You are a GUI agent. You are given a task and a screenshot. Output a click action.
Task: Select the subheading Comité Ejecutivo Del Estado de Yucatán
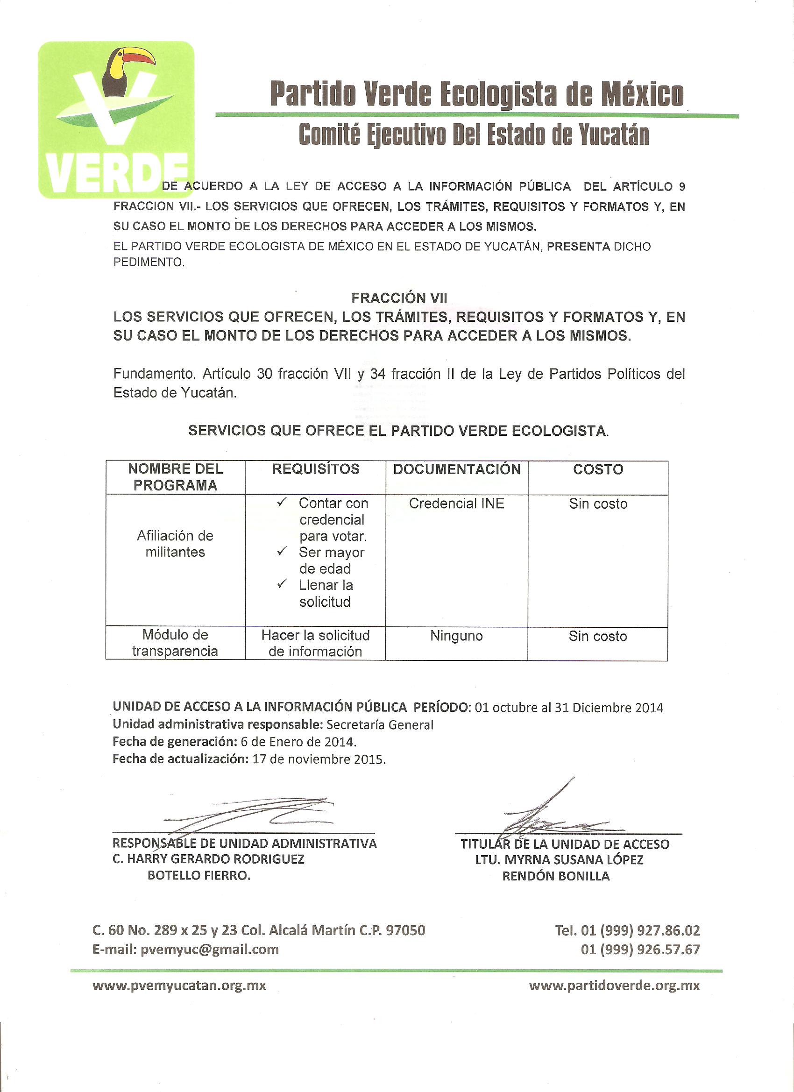click(474, 135)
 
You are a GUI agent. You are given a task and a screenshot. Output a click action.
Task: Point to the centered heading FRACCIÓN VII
click(399, 298)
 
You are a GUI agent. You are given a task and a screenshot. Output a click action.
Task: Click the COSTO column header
click(597, 469)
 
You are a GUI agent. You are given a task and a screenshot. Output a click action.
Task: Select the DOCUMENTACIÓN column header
click(456, 469)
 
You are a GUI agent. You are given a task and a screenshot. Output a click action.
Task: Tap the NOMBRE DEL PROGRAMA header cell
click(175, 477)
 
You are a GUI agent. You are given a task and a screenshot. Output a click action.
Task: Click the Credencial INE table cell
click(456, 503)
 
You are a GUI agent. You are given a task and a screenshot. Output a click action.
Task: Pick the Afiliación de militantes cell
click(175, 544)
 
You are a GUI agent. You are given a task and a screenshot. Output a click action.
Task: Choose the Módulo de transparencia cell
click(175, 643)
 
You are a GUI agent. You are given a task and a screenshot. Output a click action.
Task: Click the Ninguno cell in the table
click(456, 636)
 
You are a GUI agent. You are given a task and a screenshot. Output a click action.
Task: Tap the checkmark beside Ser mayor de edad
click(282, 551)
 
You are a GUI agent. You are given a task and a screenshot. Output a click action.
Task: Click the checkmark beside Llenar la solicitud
click(282, 584)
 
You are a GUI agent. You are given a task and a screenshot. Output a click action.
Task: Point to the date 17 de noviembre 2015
click(319, 759)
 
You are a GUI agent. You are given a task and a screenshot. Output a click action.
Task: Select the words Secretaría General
click(379, 724)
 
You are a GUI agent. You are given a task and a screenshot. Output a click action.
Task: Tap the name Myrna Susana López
click(559, 860)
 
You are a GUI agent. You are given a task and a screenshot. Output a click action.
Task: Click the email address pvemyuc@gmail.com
click(209, 950)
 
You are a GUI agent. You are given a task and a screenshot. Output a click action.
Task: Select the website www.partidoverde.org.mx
click(614, 986)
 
